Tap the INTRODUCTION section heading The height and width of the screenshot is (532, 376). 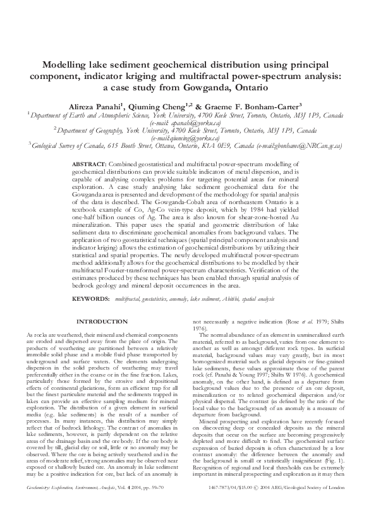(102, 322)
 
